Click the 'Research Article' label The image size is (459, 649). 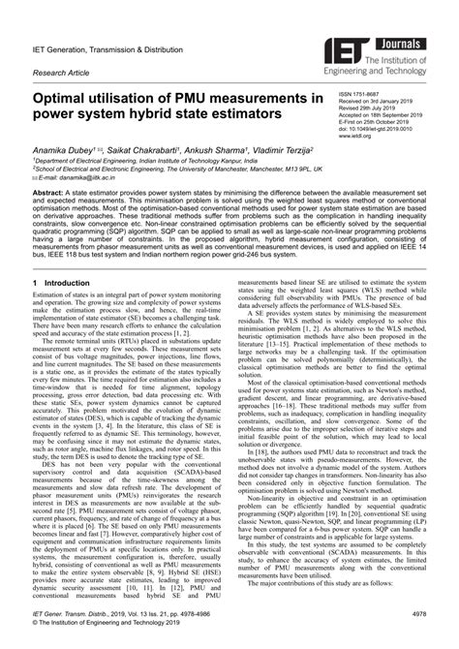(x=67, y=72)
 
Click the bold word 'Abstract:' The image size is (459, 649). (x=52, y=194)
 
